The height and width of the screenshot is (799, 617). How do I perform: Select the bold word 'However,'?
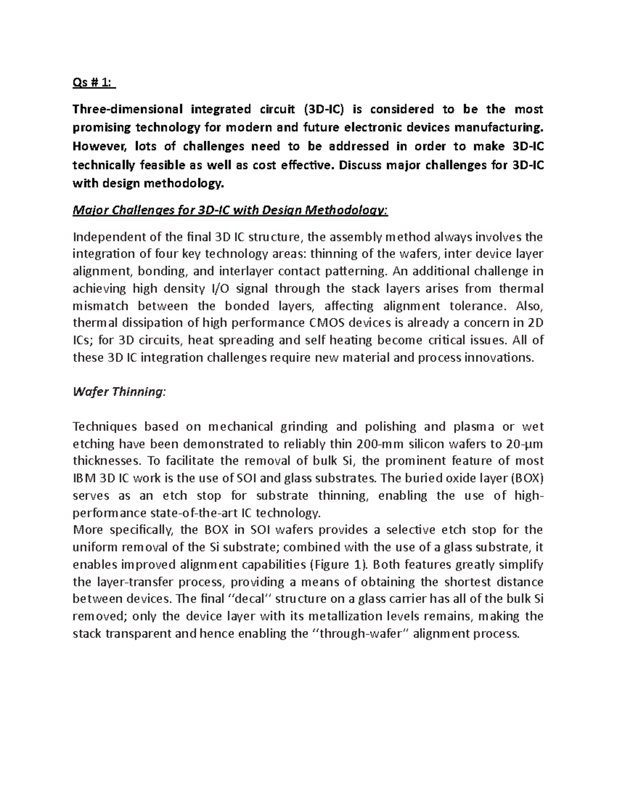100,146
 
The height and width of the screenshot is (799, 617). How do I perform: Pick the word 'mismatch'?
100,306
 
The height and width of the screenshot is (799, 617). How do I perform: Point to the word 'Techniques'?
105,427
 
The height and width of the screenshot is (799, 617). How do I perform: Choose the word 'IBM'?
85,478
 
